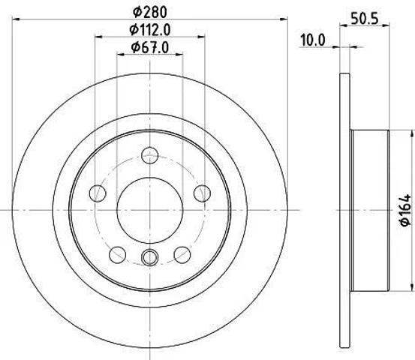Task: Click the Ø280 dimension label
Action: (x=150, y=12)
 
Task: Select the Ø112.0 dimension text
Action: (x=150, y=30)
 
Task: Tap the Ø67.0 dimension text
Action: (x=150, y=48)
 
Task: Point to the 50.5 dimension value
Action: (x=365, y=19)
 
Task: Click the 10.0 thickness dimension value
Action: (x=313, y=40)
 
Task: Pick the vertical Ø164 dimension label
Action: (x=405, y=210)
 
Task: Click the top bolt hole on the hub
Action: (x=150, y=155)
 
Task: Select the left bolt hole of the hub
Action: (x=98, y=193)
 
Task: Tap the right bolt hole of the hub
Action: (x=202, y=193)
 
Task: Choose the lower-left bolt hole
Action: (x=118, y=255)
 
